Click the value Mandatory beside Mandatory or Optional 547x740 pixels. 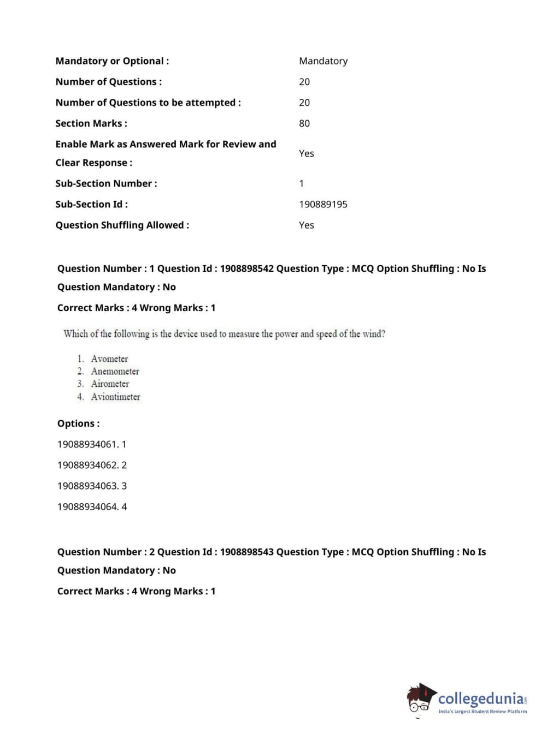point(323,61)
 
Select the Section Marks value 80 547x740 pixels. point(304,123)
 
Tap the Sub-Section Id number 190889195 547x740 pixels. point(323,204)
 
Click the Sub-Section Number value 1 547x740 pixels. point(301,183)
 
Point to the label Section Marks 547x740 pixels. point(91,123)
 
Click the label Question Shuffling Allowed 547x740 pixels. point(122,225)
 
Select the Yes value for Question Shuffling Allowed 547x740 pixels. point(307,225)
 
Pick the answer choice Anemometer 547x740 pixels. point(115,371)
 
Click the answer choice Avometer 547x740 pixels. point(109,359)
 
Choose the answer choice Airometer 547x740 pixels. point(110,384)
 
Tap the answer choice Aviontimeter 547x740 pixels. point(115,397)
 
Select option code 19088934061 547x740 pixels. point(87,444)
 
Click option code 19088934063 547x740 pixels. point(87,486)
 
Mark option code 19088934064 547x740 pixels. point(87,506)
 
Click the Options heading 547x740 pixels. point(79,423)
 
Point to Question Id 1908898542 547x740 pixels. point(246,268)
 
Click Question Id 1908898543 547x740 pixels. point(246,552)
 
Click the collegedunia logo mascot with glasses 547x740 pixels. point(420,699)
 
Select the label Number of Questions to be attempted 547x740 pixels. point(148,103)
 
